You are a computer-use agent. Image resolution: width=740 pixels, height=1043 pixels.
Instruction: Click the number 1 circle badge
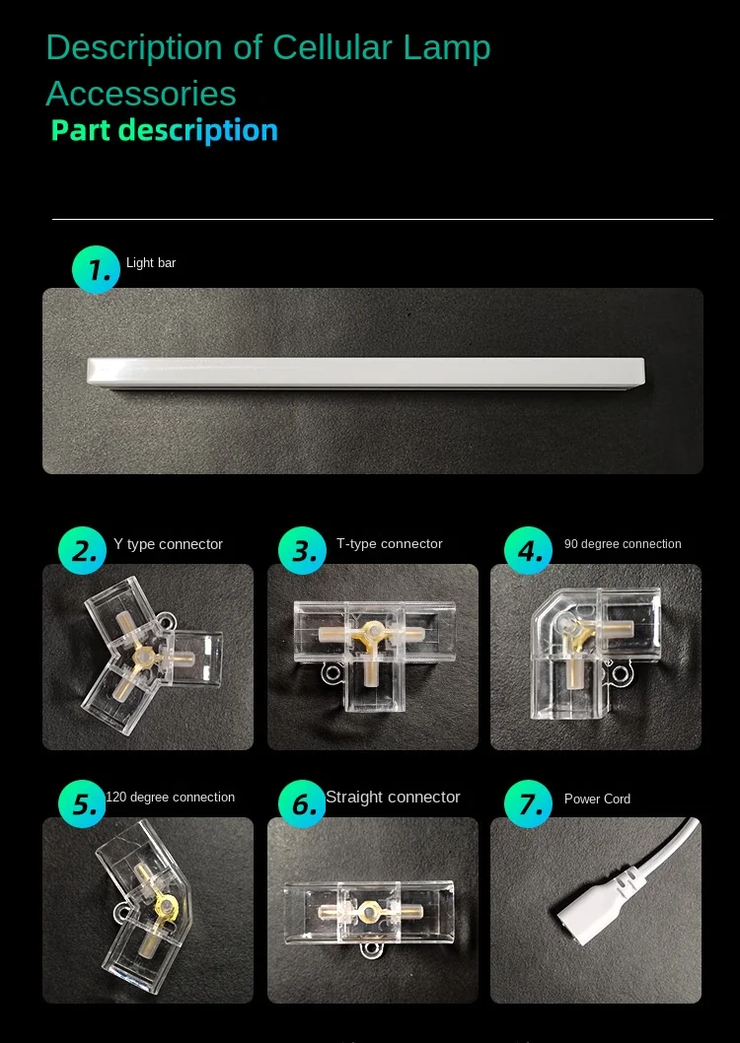[96, 269]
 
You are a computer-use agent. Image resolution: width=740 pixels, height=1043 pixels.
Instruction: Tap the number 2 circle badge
[83, 551]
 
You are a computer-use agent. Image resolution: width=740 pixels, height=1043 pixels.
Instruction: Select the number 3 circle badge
[302, 551]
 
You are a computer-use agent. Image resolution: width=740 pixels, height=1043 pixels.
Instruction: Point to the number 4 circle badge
[529, 551]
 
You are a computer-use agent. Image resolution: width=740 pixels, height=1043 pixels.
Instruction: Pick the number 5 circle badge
[83, 803]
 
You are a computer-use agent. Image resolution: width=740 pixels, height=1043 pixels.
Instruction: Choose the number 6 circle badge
[302, 803]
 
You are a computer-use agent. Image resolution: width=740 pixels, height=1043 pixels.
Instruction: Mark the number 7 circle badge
[529, 803]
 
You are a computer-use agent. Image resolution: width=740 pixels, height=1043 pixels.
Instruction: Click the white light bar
[366, 372]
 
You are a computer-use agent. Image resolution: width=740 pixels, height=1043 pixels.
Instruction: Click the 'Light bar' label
[151, 263]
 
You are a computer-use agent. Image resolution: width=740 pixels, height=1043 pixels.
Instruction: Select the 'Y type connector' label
[168, 544]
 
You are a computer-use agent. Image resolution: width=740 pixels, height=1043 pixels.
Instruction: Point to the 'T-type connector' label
[390, 543]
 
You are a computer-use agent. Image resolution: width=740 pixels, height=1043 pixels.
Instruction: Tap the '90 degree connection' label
[623, 543]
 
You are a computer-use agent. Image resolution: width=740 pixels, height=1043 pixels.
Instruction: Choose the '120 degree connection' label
[171, 797]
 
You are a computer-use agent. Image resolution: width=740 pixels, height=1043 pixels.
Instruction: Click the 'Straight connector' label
[393, 797]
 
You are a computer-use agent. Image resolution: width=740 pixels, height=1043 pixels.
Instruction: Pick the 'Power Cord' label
[597, 799]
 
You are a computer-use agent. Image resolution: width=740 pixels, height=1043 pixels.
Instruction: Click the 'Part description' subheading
[165, 130]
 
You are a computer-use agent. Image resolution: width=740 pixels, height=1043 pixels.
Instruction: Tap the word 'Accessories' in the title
[141, 93]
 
